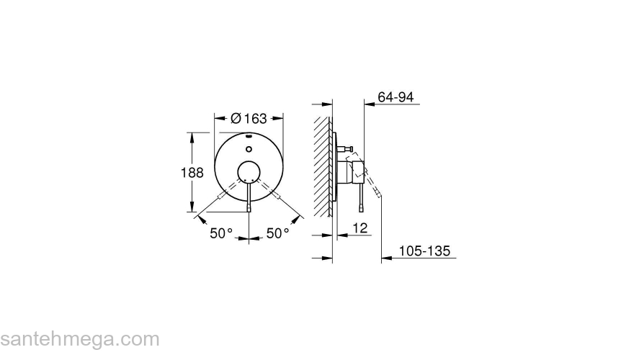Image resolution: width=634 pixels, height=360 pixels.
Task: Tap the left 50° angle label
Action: click(221, 233)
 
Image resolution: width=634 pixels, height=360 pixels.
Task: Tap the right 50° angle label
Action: click(277, 233)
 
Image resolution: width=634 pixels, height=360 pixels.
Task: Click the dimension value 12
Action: click(362, 228)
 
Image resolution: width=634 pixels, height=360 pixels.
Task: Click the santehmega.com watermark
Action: click(79, 339)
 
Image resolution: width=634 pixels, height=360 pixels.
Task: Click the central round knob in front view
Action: click(249, 171)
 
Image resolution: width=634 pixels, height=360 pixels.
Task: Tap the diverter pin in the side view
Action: click(347, 150)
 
